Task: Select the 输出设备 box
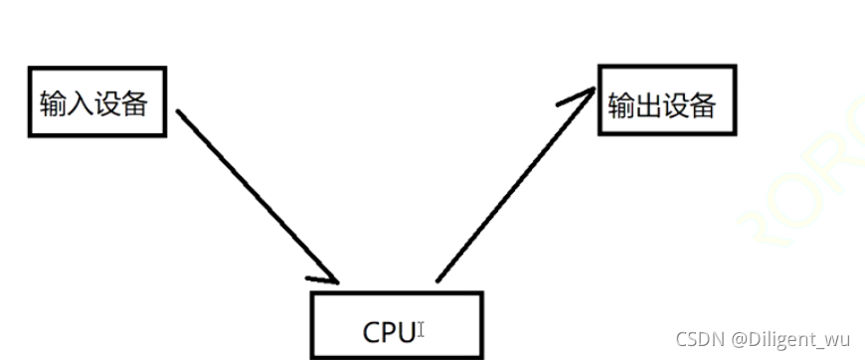click(x=666, y=100)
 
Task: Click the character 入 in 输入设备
click(x=80, y=103)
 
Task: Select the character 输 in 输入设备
click(x=53, y=103)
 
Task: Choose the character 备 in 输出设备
click(x=701, y=104)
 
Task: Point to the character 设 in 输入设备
click(x=106, y=103)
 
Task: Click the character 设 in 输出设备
click(x=674, y=104)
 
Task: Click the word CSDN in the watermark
click(x=697, y=339)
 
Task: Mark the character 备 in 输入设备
click(x=133, y=103)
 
